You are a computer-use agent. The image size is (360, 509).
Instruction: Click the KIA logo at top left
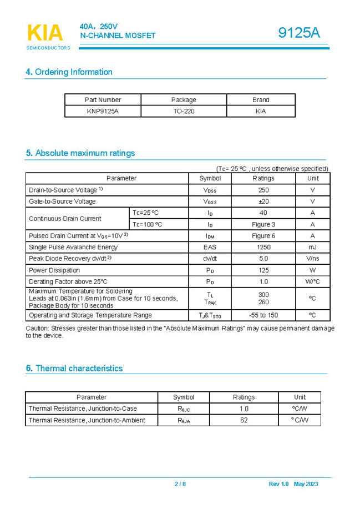point(45,33)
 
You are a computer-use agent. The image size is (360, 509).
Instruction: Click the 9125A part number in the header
point(299,33)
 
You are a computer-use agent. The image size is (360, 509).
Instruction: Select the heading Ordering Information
point(69,72)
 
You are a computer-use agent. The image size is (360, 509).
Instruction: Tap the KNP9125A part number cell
point(103,111)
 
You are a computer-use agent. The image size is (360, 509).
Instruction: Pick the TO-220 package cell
point(184,111)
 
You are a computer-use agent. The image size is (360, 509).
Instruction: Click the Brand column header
point(261,100)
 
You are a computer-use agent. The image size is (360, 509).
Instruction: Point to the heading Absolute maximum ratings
point(80,153)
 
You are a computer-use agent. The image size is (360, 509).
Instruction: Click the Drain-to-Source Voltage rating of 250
point(263,190)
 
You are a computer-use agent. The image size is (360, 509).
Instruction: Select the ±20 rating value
point(263,201)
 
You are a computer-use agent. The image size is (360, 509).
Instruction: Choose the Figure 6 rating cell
point(263,236)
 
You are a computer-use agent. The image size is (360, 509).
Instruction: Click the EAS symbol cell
point(210,247)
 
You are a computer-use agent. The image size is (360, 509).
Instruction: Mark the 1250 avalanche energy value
point(263,247)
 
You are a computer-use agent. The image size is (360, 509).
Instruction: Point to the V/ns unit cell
point(312,259)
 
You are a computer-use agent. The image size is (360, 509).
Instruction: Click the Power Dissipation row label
point(54,270)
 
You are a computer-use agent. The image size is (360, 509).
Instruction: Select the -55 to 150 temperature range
point(263,315)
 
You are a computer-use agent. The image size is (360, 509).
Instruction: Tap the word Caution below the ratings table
point(38,329)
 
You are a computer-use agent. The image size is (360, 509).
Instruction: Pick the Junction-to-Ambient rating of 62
point(244,420)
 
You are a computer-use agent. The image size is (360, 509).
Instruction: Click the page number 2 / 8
point(180,484)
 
